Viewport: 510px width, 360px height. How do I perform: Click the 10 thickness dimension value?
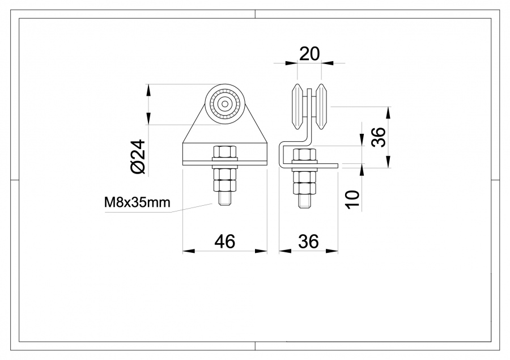pyautogui.click(x=352, y=199)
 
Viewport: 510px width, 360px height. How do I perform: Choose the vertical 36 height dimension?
pyautogui.click(x=378, y=137)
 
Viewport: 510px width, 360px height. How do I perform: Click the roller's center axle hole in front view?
pyautogui.click(x=226, y=104)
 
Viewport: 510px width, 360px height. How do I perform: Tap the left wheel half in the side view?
pyautogui.click(x=297, y=107)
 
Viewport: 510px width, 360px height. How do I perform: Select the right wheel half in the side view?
pyautogui.click(x=321, y=107)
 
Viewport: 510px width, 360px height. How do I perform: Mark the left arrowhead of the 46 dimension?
pyautogui.click(x=186, y=250)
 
